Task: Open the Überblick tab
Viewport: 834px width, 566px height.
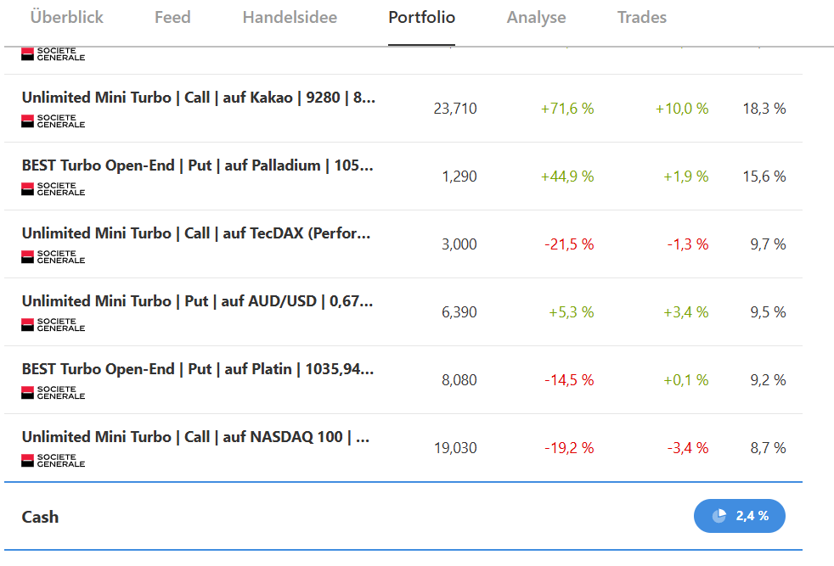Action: pos(66,17)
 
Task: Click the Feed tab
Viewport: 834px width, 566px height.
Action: pos(172,17)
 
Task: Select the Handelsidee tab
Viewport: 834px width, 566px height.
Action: pos(290,17)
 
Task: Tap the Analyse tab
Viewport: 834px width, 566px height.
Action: pos(536,17)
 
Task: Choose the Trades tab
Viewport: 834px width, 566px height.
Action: pos(642,17)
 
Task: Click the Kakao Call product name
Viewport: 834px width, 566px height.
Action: pos(199,98)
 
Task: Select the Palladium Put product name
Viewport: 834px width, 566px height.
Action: pos(197,165)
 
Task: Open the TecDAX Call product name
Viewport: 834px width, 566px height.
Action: pos(196,233)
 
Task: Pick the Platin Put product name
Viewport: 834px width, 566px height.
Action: pos(197,369)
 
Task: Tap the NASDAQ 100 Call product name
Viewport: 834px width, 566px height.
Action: pos(196,437)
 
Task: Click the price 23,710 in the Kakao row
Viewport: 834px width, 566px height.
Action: pos(455,109)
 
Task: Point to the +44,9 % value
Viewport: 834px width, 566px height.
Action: pos(567,177)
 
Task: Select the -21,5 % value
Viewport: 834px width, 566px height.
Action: pos(569,244)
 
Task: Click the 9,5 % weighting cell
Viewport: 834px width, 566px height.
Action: pos(768,312)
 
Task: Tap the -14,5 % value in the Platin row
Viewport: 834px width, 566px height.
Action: pos(569,380)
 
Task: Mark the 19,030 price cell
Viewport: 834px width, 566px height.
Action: pos(455,448)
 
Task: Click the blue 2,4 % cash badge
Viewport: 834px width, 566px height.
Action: pos(740,516)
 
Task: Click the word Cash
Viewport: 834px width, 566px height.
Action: pos(40,517)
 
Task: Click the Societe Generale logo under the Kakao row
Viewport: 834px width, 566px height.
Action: pos(54,121)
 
